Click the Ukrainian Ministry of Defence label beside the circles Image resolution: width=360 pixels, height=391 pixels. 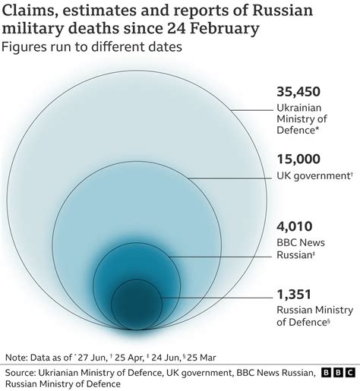pyautogui.click(x=302, y=119)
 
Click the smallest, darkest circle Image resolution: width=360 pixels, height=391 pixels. pyautogui.click(x=137, y=304)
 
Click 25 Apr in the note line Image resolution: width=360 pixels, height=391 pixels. pyautogui.click(x=146, y=357)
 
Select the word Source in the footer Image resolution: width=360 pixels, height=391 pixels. pyautogui.click(x=24, y=372)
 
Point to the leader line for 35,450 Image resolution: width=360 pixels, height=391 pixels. pyautogui.click(x=251, y=111)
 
